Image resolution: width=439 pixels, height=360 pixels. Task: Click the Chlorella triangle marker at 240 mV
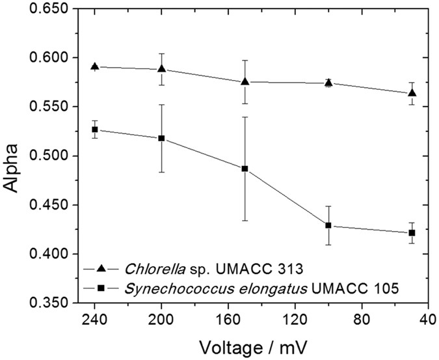click(94, 66)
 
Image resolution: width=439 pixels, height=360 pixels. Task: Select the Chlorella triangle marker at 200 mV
click(161, 68)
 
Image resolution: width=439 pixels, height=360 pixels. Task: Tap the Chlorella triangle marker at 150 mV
click(245, 81)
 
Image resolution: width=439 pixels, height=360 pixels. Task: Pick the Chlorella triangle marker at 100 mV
click(328, 83)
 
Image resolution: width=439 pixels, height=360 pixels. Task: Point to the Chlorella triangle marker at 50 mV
click(412, 93)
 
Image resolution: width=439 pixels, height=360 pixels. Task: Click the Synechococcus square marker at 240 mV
click(94, 130)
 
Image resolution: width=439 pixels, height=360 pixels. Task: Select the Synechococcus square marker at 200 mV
click(161, 139)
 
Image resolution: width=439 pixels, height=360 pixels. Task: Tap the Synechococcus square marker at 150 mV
click(245, 169)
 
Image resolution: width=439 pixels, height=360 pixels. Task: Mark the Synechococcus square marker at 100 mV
click(328, 225)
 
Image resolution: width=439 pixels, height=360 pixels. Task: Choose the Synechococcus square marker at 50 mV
click(412, 233)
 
